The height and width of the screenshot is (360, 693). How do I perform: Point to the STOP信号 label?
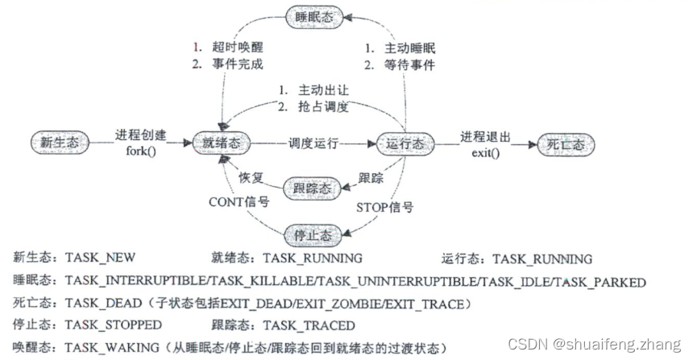386,206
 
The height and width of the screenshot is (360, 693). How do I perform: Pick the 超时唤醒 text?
237,47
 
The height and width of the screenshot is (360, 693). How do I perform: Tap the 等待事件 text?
409,64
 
